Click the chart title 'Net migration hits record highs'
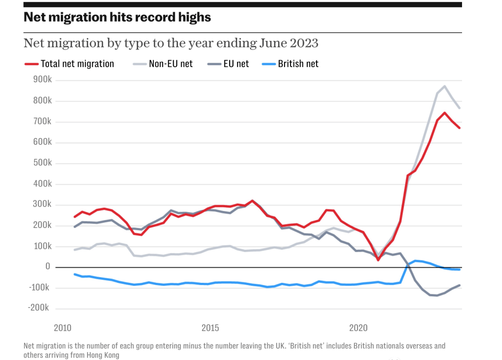pos(117,17)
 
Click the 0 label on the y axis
pos(48,267)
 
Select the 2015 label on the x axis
pos(210,328)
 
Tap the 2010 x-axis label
pos(62,328)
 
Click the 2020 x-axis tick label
pos(358,328)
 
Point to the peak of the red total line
pos(445,113)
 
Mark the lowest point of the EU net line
pos(437,295)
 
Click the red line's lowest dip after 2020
pos(378,260)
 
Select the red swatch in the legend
pos(31,64)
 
